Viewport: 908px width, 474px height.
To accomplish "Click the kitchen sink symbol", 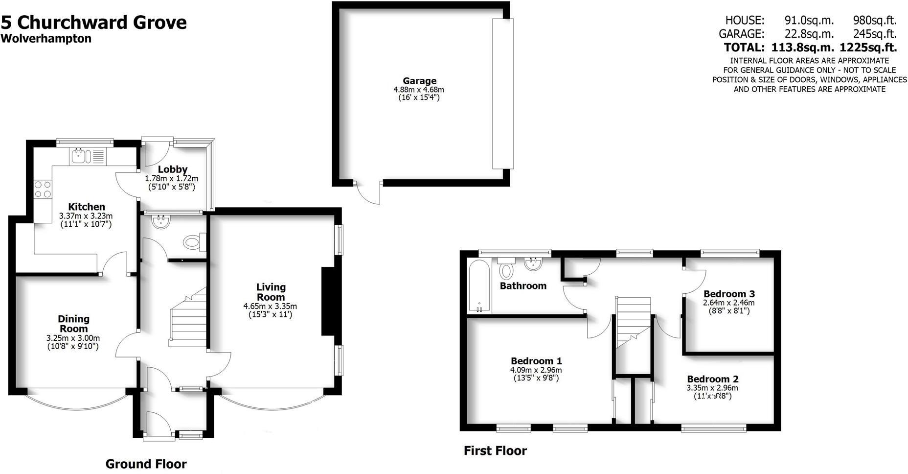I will click(x=80, y=156).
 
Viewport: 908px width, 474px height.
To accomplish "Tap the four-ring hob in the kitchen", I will click(x=43, y=190).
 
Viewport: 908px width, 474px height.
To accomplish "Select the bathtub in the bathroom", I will click(x=478, y=286).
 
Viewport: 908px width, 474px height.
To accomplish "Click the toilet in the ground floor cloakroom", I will click(x=194, y=242).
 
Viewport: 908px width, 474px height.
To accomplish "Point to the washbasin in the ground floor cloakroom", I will click(x=160, y=223).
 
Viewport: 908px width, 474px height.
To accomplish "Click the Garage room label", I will click(x=419, y=81).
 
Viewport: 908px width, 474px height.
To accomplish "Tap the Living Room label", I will click(x=271, y=292).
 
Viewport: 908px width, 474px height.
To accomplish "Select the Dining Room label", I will click(x=73, y=324).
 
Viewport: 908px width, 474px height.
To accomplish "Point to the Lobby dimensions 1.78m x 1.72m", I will click(x=171, y=179).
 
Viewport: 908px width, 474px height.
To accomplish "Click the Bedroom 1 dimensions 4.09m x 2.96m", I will click(x=536, y=370).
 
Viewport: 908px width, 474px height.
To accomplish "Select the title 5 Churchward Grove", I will click(x=94, y=23).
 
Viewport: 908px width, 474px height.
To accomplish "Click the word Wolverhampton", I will click(x=46, y=39).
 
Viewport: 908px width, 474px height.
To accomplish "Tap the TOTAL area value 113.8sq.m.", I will click(x=802, y=47).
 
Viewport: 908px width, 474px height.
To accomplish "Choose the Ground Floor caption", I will click(x=146, y=464).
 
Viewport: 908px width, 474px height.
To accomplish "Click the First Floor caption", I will click(x=495, y=450).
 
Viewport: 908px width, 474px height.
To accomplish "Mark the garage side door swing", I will click(x=369, y=193).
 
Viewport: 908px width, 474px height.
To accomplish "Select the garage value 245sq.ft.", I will click(x=875, y=34).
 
